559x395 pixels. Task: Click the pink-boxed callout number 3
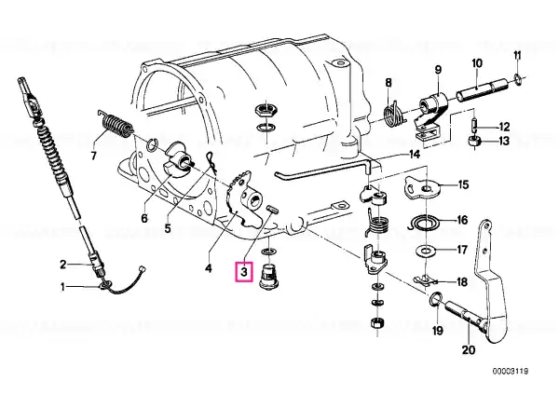(x=243, y=272)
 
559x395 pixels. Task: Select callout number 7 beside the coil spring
(x=92, y=156)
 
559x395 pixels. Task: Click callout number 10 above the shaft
(x=476, y=63)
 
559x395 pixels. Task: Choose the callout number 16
(x=463, y=222)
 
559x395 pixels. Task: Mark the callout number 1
(x=64, y=286)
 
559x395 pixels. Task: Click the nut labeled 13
(x=474, y=141)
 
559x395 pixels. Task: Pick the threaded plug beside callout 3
(x=269, y=276)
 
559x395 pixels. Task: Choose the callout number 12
(x=502, y=126)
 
